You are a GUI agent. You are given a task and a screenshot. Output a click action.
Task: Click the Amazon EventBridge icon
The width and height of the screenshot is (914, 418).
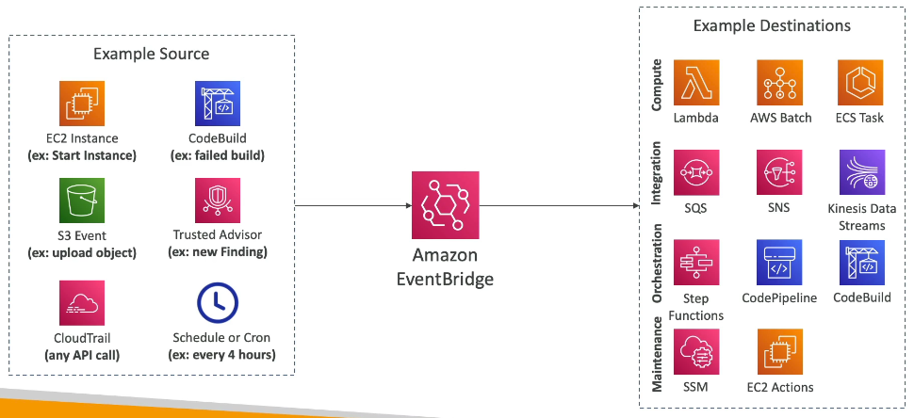[445, 205]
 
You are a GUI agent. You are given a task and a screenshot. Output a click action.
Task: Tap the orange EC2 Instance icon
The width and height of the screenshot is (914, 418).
[82, 104]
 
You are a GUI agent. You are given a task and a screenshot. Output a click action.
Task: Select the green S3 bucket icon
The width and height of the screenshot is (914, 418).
[82, 201]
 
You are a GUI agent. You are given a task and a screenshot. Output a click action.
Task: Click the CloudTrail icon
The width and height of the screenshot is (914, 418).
[82, 303]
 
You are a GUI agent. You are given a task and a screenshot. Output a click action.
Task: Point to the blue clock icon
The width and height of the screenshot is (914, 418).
[218, 303]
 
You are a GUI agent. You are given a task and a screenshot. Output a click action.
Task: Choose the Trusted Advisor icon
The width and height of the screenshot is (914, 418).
[218, 201]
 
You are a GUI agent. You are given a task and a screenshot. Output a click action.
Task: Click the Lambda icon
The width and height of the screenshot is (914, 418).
[696, 82]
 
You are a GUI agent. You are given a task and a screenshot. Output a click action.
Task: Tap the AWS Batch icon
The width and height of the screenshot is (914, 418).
[779, 82]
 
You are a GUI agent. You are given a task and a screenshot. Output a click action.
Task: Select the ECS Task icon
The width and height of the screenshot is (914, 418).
[860, 82]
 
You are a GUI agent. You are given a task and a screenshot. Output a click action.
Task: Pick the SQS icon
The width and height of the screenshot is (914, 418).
[696, 172]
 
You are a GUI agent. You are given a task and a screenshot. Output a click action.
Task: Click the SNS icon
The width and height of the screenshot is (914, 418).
[779, 172]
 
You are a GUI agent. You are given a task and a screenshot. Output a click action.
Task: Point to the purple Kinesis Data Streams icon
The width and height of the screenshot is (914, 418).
[862, 172]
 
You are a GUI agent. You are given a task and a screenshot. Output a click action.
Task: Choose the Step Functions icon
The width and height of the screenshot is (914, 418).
[696, 262]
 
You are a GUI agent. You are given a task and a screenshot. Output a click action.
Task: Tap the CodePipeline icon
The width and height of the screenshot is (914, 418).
[779, 262]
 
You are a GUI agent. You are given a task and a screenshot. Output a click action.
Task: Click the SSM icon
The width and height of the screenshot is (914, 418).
[696, 352]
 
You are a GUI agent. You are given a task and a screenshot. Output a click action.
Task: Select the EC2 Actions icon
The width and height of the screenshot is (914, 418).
[779, 352]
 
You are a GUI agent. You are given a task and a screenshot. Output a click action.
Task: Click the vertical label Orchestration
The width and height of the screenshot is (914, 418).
[657, 264]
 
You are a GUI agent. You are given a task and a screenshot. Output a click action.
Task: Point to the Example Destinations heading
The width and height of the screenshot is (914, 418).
[772, 26]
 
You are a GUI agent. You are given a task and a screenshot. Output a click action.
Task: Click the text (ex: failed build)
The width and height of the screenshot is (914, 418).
[217, 156]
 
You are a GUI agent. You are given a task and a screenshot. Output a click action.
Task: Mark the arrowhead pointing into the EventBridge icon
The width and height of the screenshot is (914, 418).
[408, 205]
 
